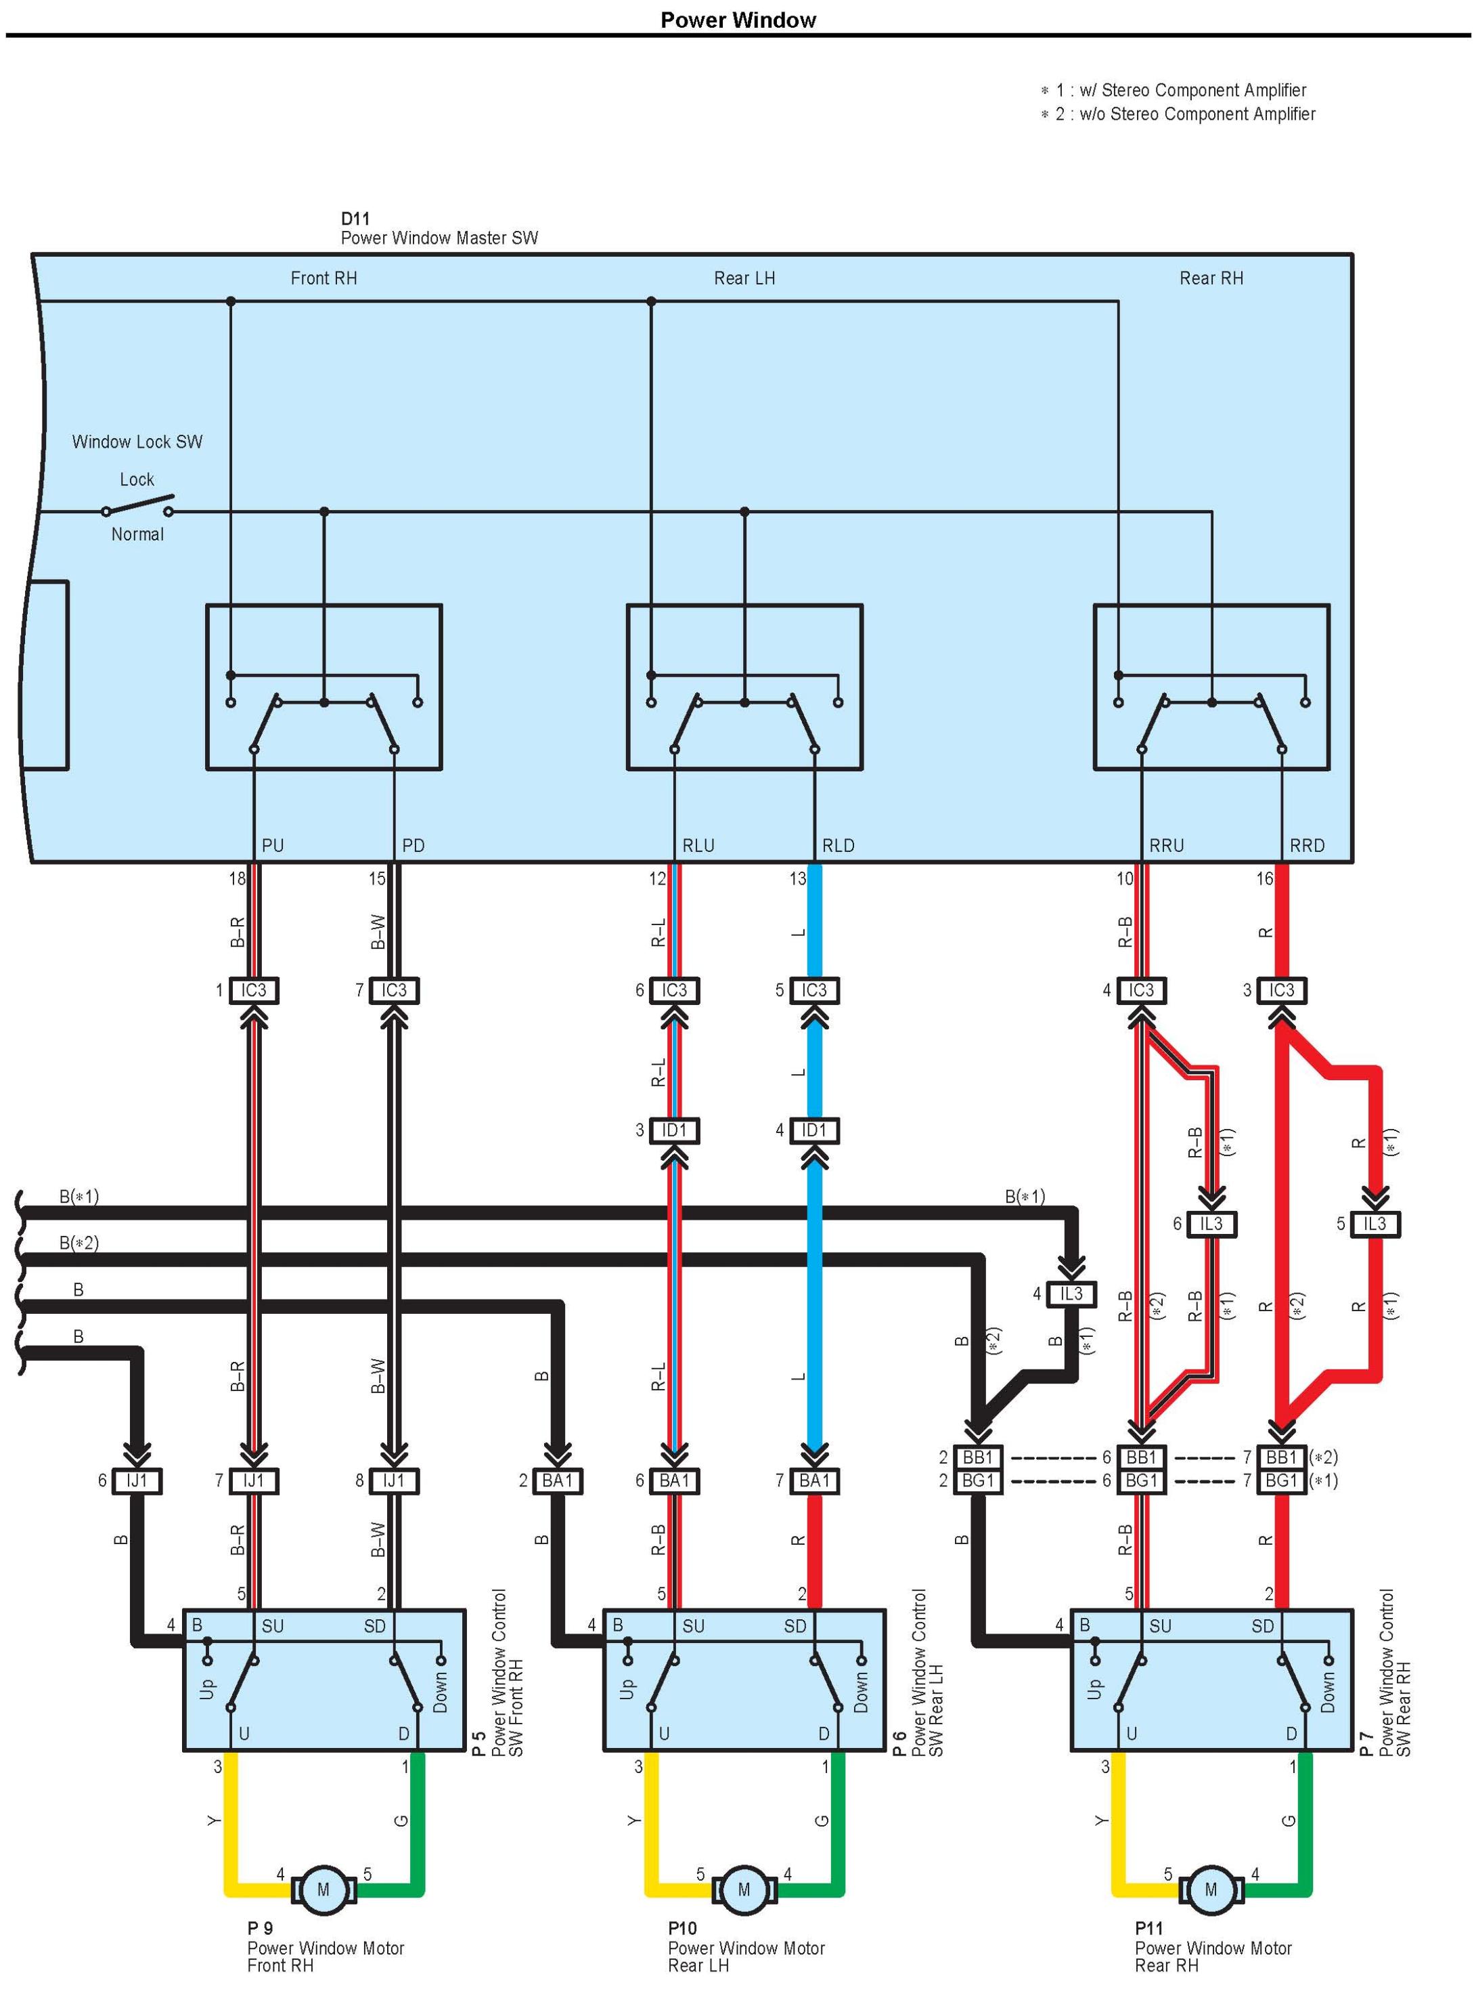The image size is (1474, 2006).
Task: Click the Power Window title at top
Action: pyautogui.click(x=737, y=20)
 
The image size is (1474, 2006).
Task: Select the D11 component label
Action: pyautogui.click(x=355, y=219)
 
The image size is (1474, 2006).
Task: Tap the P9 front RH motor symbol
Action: pyautogui.click(x=323, y=1889)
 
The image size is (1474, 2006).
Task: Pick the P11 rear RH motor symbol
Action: pyautogui.click(x=1211, y=1889)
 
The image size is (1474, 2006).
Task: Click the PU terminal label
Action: pyautogui.click(x=272, y=845)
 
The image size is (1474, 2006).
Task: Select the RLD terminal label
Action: pyautogui.click(x=838, y=845)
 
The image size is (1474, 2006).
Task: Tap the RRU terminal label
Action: pyautogui.click(x=1166, y=845)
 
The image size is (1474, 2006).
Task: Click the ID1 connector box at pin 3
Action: pyautogui.click(x=675, y=1130)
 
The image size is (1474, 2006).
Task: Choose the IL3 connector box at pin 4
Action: pyautogui.click(x=1071, y=1294)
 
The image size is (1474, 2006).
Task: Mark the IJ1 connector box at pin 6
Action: pyautogui.click(x=137, y=1481)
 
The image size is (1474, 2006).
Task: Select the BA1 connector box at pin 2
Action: pyautogui.click(x=558, y=1481)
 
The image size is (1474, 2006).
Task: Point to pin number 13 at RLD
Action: pyautogui.click(x=797, y=878)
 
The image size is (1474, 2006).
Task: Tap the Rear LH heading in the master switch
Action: pyautogui.click(x=744, y=278)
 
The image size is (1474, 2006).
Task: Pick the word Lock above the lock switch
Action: pyautogui.click(x=137, y=479)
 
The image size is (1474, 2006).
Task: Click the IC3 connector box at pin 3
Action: pyautogui.click(x=1281, y=990)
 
